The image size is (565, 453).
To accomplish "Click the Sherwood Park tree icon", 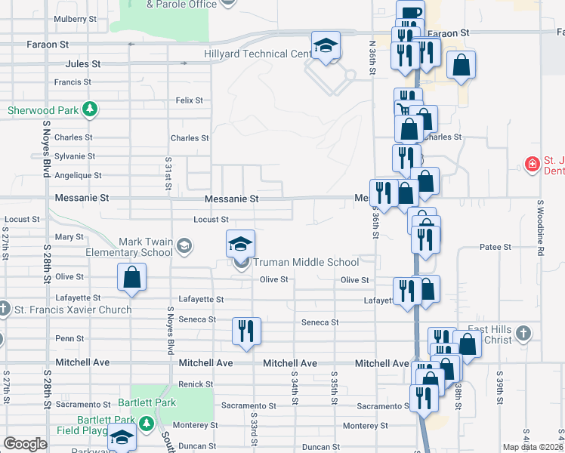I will tap(90, 109).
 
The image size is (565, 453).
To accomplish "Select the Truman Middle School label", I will tap(305, 263).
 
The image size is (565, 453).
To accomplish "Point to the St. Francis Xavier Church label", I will tap(73, 310).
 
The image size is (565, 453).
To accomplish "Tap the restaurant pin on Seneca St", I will tap(247, 331).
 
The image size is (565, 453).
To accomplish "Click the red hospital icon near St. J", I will tap(533, 164).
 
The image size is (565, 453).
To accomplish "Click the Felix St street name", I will tap(189, 100).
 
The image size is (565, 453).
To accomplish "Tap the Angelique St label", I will tap(78, 175).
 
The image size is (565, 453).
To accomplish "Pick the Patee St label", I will tap(496, 247).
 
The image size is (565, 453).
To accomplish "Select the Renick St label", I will tap(196, 384).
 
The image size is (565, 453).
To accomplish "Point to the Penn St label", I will tap(69, 338).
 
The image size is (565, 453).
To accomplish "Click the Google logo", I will tap(25, 444).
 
